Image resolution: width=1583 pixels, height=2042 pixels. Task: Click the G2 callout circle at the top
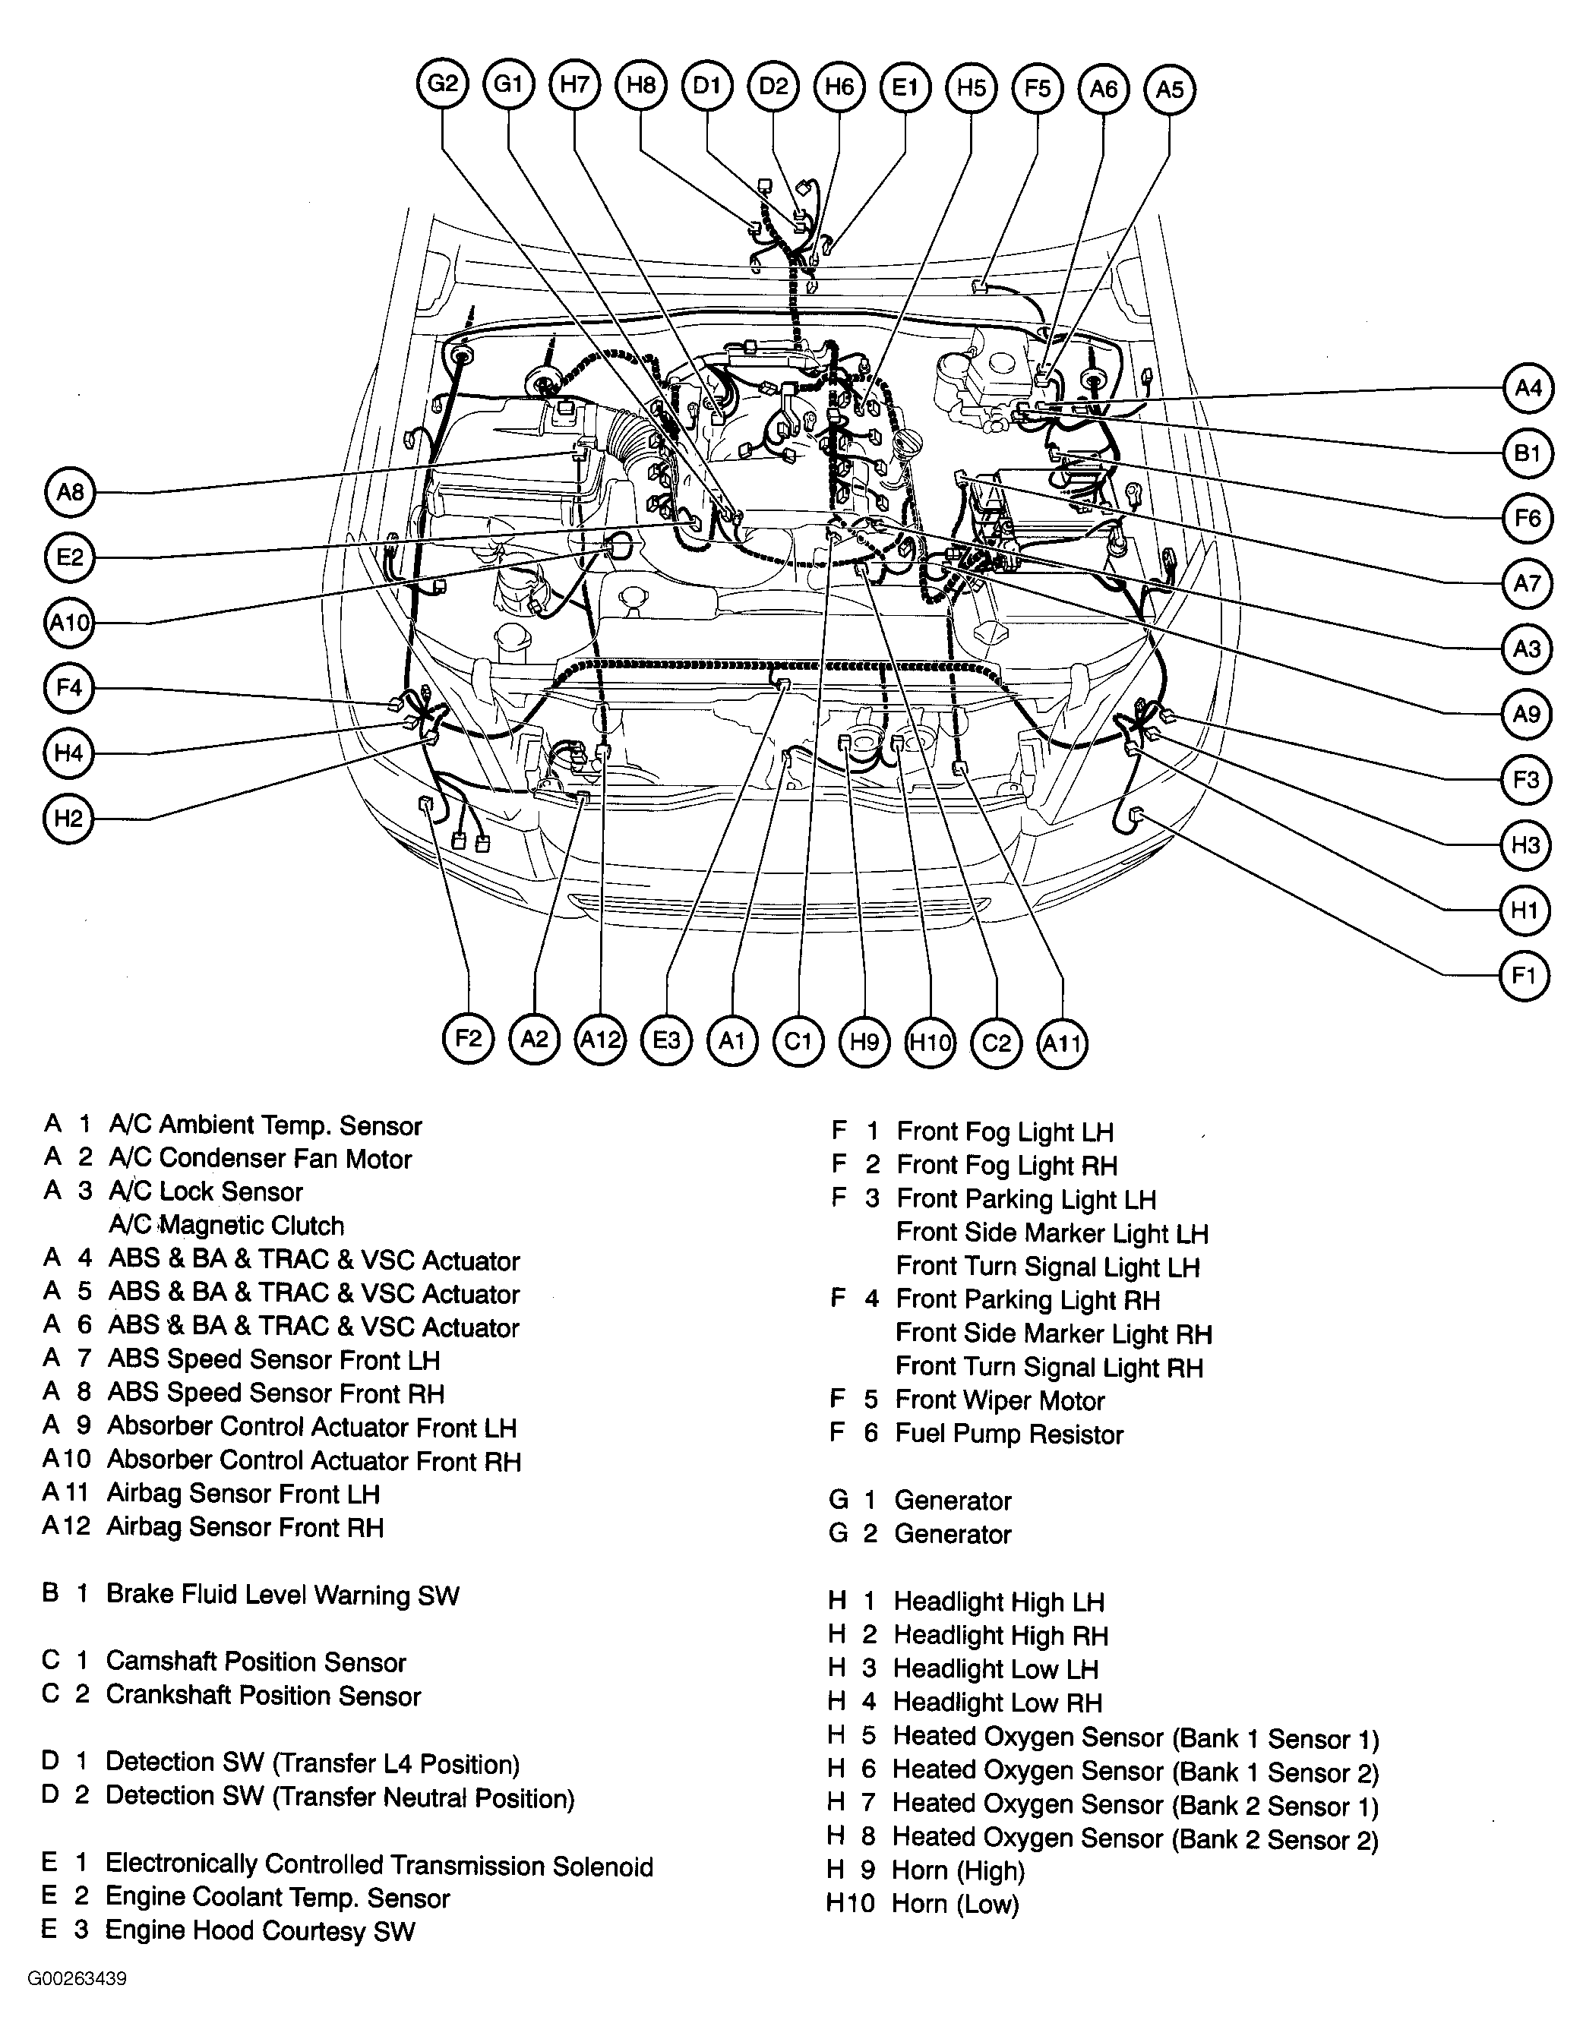(442, 85)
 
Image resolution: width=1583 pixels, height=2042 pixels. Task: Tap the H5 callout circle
(972, 88)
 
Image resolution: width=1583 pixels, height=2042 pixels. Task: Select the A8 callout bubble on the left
(70, 492)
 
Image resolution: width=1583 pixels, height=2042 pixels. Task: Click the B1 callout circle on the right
(1527, 453)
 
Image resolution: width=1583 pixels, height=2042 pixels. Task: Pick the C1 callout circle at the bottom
(798, 1040)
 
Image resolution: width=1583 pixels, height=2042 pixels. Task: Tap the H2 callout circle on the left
(68, 819)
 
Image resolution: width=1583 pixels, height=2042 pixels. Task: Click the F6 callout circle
(1527, 518)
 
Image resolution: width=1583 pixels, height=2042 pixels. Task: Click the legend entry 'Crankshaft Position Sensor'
(263, 1696)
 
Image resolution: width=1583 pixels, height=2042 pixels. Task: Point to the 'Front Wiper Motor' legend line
(1000, 1400)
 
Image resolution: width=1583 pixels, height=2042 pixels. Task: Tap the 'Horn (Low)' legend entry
(955, 1905)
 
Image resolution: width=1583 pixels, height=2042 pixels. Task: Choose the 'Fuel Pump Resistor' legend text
(1009, 1434)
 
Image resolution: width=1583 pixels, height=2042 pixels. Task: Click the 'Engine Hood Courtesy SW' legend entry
(259, 1930)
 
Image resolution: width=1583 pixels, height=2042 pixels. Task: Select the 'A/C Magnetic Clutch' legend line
(226, 1226)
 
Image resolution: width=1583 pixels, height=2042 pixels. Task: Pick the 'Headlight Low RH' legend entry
(997, 1703)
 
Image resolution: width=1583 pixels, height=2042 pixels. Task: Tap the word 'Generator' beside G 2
(953, 1534)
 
